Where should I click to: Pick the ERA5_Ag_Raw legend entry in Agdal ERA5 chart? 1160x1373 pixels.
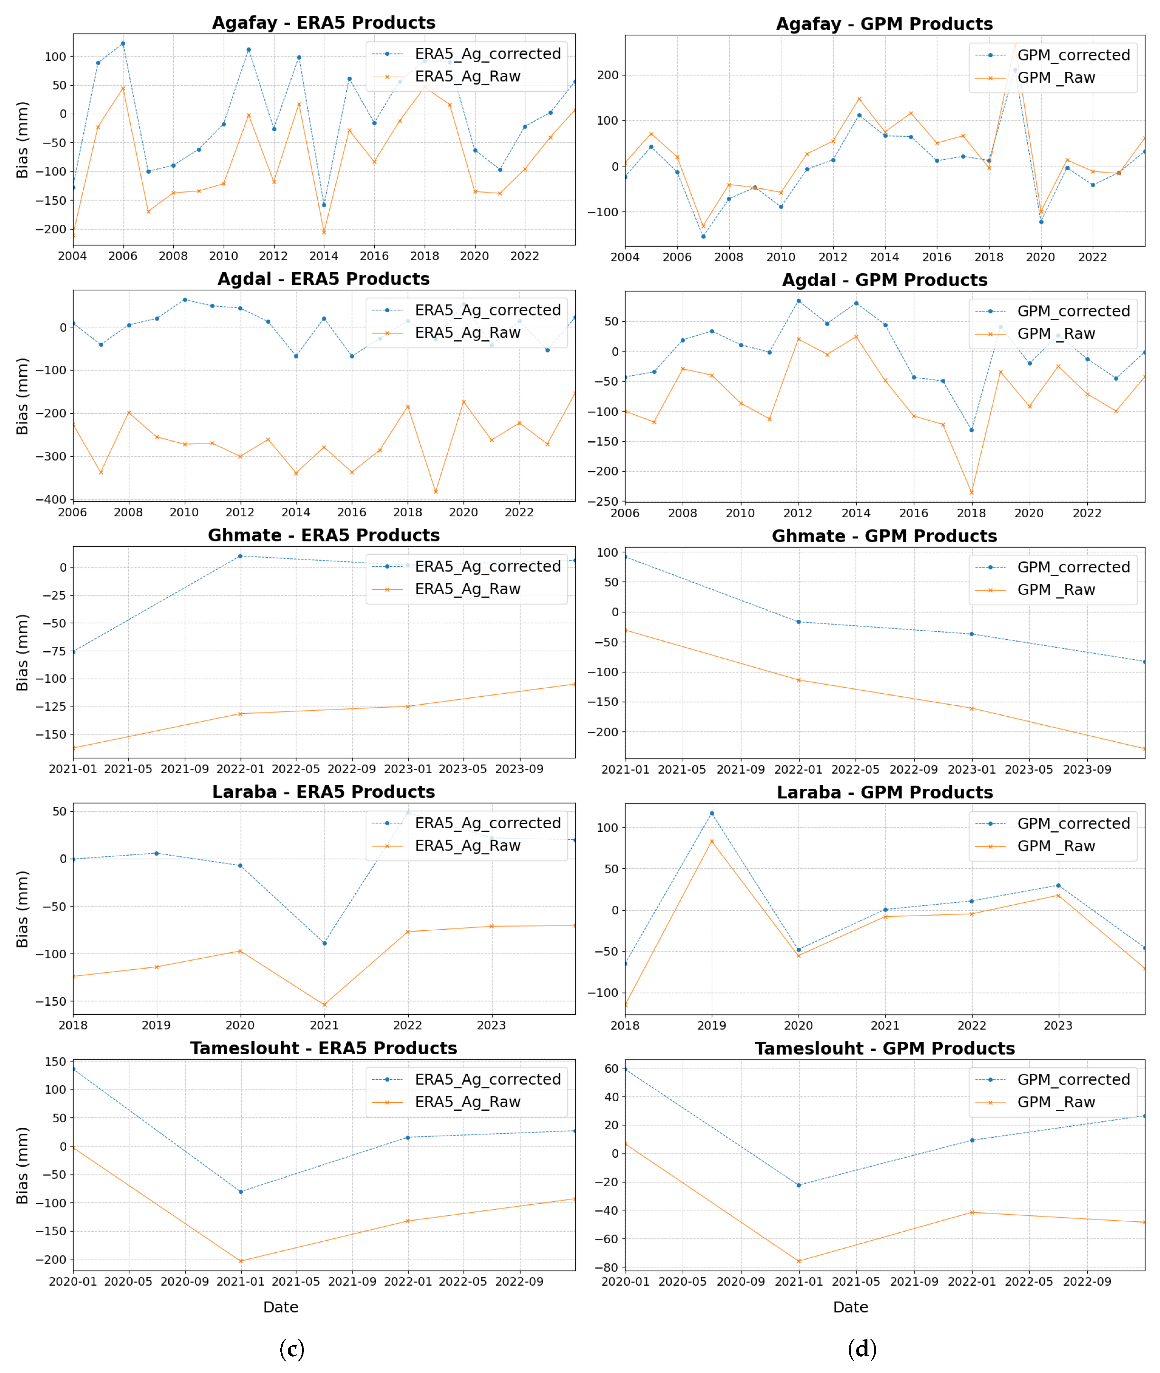click(x=467, y=333)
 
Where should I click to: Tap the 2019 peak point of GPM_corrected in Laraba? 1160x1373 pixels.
click(x=712, y=813)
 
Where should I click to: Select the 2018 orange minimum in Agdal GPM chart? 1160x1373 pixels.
click(x=971, y=493)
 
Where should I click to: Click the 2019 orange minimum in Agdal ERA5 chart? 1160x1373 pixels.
click(x=435, y=492)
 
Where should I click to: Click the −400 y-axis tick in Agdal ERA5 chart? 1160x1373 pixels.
click(x=51, y=500)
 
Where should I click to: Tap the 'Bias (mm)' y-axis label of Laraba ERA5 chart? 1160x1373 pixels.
click(x=22, y=909)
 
